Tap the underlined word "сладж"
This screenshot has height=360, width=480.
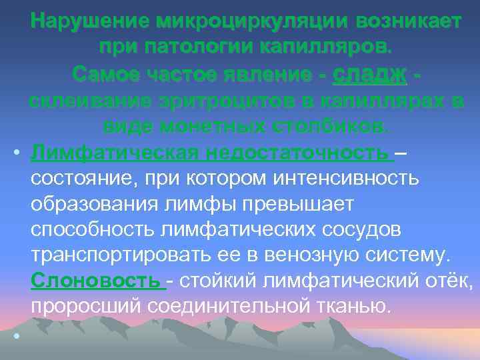point(369,74)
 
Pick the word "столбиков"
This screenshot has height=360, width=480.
point(326,127)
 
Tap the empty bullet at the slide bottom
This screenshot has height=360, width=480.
point(16,334)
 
